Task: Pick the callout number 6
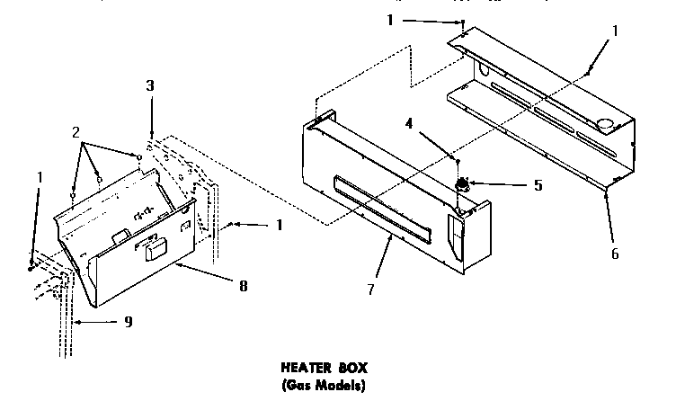click(x=615, y=254)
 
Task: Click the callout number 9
click(x=128, y=321)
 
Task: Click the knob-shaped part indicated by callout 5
click(x=463, y=186)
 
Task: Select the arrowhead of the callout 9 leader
click(x=78, y=320)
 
